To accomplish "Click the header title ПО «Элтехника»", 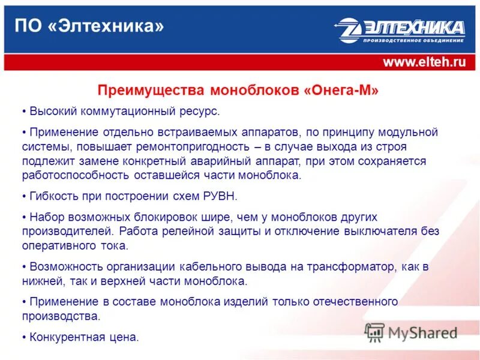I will coord(89,26).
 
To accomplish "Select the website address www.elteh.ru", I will coord(424,62).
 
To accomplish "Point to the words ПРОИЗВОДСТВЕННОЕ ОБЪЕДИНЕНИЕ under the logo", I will coord(413,41).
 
